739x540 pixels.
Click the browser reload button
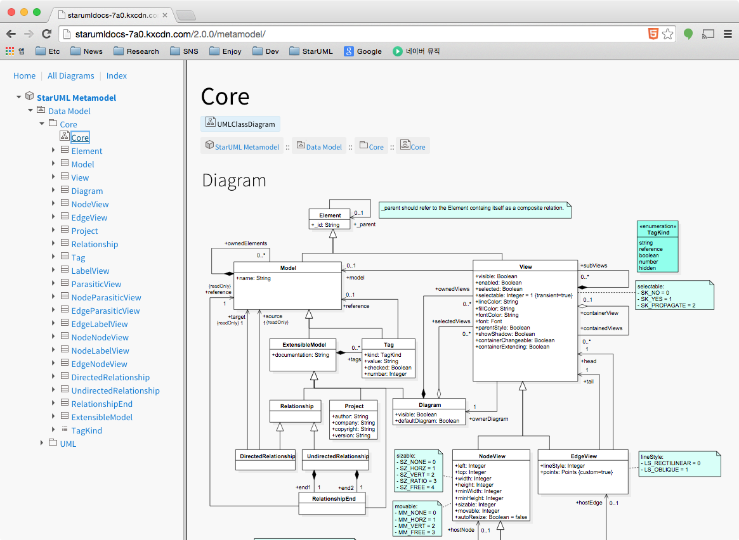click(46, 34)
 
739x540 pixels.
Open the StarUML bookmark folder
click(311, 51)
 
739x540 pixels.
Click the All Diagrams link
click(70, 75)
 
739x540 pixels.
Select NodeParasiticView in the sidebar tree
click(106, 297)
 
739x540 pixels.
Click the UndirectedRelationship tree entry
click(115, 390)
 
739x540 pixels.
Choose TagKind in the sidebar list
click(86, 430)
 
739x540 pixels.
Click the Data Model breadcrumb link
click(324, 146)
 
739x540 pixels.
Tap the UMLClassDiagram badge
click(240, 124)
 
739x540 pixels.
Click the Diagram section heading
click(233, 181)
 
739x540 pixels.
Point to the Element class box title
click(330, 215)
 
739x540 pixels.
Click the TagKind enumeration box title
click(658, 233)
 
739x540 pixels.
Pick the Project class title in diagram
click(354, 406)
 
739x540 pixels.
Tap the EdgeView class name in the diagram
click(583, 456)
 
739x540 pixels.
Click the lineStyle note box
click(679, 463)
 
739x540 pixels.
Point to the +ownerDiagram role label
click(488, 419)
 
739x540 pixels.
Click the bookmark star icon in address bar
click(667, 34)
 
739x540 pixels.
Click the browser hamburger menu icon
click(728, 34)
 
